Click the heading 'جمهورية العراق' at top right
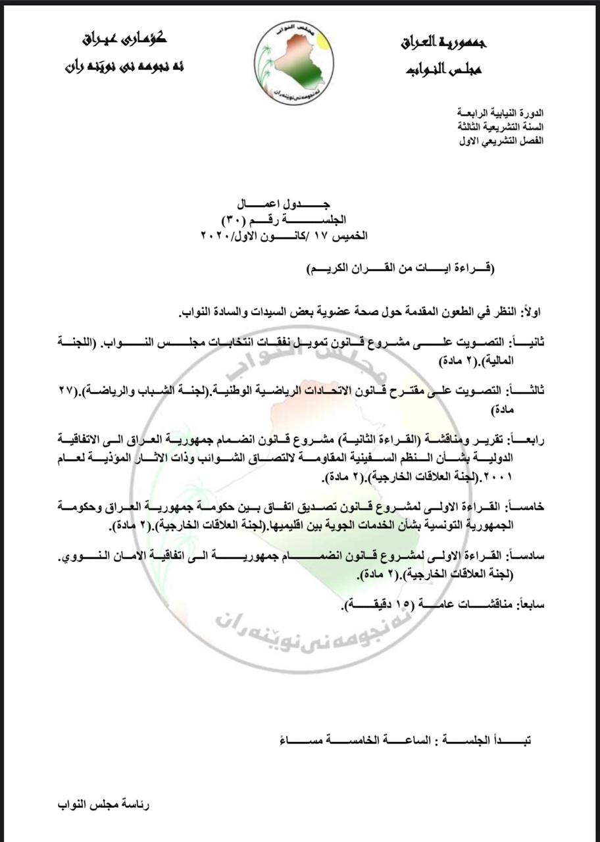444,43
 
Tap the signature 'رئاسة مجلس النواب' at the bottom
104,805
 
